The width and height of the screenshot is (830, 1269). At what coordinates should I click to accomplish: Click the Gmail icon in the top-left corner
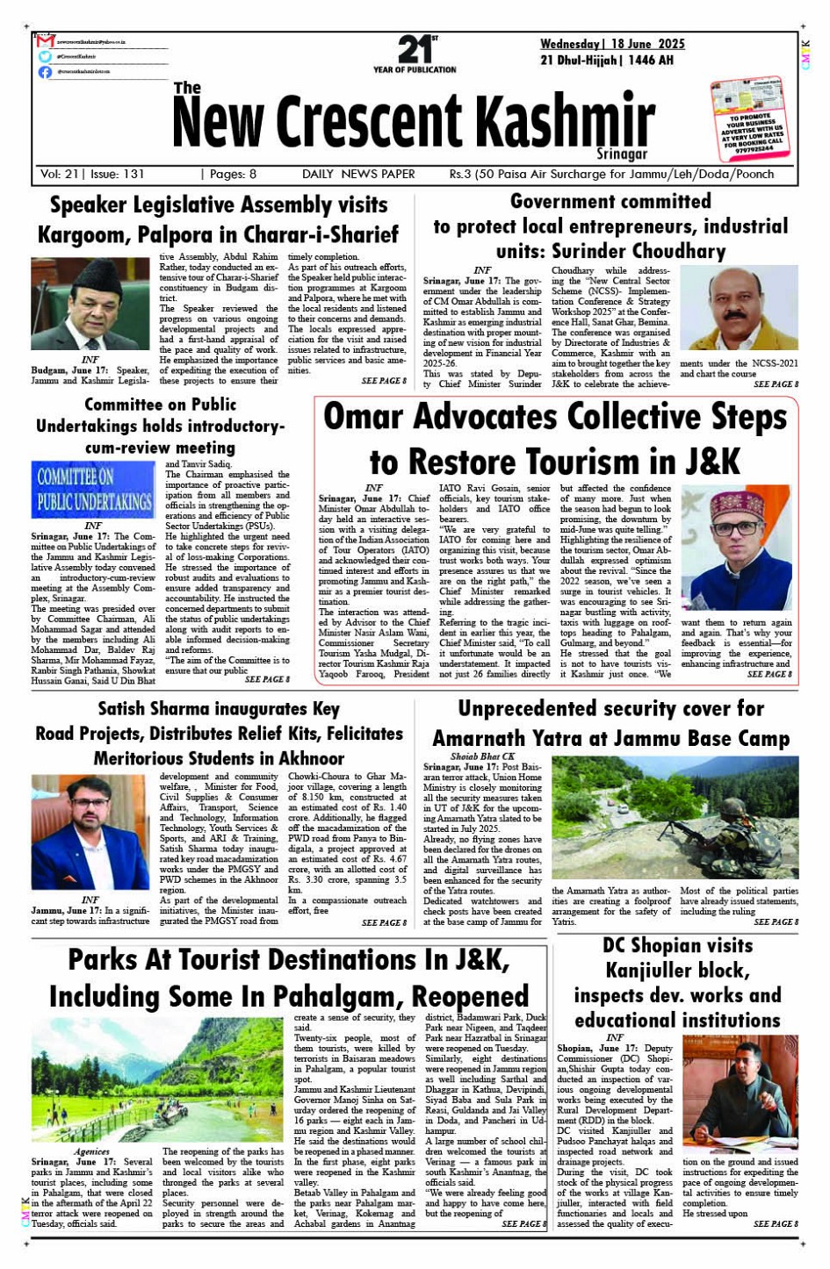46,41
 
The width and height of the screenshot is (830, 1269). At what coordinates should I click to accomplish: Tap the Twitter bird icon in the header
45,56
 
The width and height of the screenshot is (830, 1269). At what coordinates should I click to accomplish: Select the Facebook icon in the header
45,72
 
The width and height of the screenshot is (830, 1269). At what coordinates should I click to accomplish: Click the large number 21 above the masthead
414,49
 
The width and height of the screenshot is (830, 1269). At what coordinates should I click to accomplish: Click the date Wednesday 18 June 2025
612,44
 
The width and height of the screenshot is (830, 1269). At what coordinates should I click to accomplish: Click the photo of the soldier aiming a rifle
675,818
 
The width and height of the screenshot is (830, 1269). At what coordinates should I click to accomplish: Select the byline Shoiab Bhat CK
482,756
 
